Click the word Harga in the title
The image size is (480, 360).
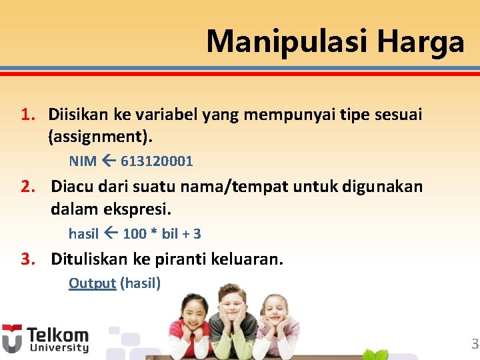(420, 41)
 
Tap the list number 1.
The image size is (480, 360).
(27, 115)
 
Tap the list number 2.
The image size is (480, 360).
(27, 187)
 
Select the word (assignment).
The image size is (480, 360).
(101, 137)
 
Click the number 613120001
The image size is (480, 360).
(157, 161)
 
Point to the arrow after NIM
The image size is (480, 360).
(109, 161)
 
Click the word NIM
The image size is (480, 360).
(83, 161)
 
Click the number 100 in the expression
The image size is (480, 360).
(135, 234)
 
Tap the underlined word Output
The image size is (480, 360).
(92, 283)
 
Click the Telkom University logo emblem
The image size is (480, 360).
(11, 339)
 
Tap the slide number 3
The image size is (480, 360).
(475, 345)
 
